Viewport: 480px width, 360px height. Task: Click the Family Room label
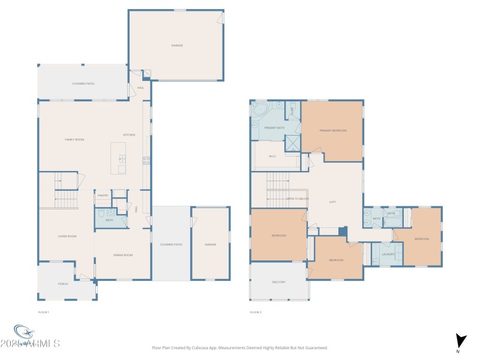pos(74,140)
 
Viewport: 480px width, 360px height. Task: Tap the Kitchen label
pos(129,135)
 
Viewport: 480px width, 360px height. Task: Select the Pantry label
pos(103,195)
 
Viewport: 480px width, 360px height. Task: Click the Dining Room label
pos(122,255)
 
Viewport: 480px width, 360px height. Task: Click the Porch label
pos(63,284)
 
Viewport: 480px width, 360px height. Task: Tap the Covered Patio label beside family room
pos(83,83)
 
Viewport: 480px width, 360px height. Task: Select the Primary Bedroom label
pos(333,131)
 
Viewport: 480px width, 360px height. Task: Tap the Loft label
pos(332,202)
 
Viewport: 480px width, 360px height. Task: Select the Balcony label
pos(279,282)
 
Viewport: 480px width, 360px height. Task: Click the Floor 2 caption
pos(256,312)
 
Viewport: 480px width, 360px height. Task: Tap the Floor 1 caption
pos(43,312)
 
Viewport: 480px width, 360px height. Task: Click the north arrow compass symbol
pos(461,341)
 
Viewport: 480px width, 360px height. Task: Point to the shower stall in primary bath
pos(293,142)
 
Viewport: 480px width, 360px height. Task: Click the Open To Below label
pos(298,198)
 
